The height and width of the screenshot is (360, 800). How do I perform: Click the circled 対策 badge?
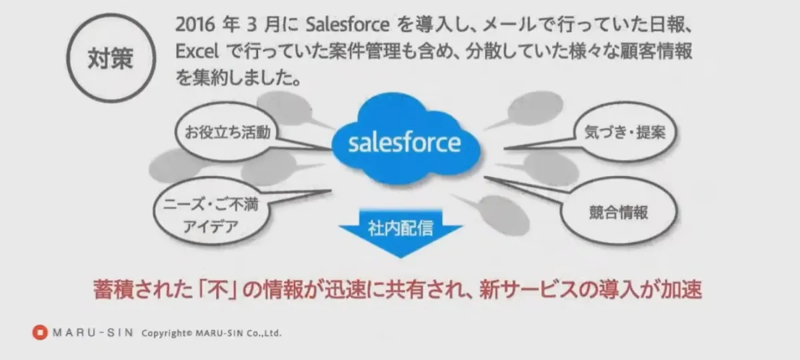pyautogui.click(x=111, y=59)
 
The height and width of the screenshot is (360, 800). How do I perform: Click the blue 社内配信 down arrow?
pyautogui.click(x=400, y=235)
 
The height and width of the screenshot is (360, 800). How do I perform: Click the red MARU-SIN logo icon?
pyautogui.click(x=40, y=332)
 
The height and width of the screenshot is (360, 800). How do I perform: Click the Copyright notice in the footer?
pyautogui.click(x=211, y=333)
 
